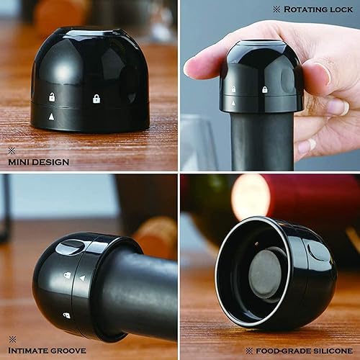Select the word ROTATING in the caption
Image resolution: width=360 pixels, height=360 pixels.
309,9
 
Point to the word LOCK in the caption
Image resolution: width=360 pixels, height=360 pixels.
342,9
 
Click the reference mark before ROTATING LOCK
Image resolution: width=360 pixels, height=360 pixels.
276,9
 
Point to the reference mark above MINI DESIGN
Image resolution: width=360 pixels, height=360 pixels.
11,150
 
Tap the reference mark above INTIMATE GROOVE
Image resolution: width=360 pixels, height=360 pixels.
11,338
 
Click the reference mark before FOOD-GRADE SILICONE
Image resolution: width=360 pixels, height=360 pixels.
248,351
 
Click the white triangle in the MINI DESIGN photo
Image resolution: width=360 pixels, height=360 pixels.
51,116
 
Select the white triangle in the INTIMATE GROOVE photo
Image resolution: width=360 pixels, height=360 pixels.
81,277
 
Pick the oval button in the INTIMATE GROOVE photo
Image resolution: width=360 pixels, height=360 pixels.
70,248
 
